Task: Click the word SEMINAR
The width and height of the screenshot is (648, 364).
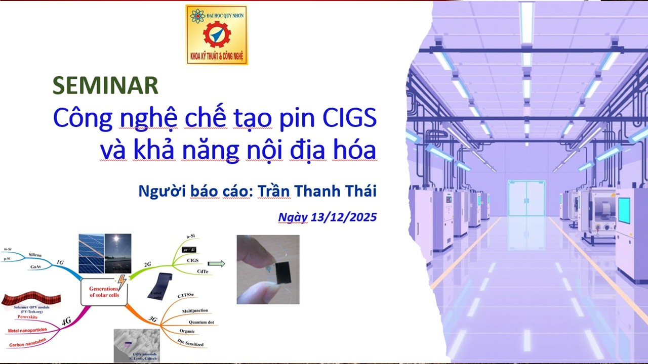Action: [x=105, y=86]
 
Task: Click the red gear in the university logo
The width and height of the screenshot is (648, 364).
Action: [x=217, y=35]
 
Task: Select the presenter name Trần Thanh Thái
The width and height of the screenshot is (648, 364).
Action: [x=317, y=192]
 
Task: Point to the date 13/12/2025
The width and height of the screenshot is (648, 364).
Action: [x=344, y=217]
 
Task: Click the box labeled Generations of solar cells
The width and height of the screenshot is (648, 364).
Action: [x=104, y=292]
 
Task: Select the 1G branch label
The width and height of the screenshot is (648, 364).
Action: [x=60, y=262]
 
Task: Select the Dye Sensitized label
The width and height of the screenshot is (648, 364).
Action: [x=190, y=344]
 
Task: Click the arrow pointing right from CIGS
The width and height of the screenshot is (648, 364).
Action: [x=216, y=263]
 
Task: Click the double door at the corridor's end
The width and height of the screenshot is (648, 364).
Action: [x=526, y=198]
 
